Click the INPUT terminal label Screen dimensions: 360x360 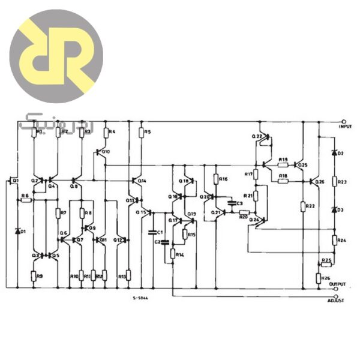pyautogui.click(x=344, y=127)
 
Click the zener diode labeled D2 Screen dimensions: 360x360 pyautogui.click(x=334, y=154)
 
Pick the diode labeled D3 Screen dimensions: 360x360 pyautogui.click(x=334, y=209)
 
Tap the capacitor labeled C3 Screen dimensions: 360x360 pyautogui.click(x=232, y=204)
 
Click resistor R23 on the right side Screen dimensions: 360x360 pyautogui.click(x=334, y=181)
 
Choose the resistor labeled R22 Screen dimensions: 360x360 pyautogui.click(x=303, y=206)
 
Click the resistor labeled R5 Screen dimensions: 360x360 pyautogui.click(x=141, y=131)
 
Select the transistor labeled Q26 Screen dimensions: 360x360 pyautogui.click(x=314, y=181)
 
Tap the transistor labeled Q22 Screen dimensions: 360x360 pyautogui.click(x=262, y=137)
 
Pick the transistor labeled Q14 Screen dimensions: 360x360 pyautogui.click(x=134, y=180)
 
